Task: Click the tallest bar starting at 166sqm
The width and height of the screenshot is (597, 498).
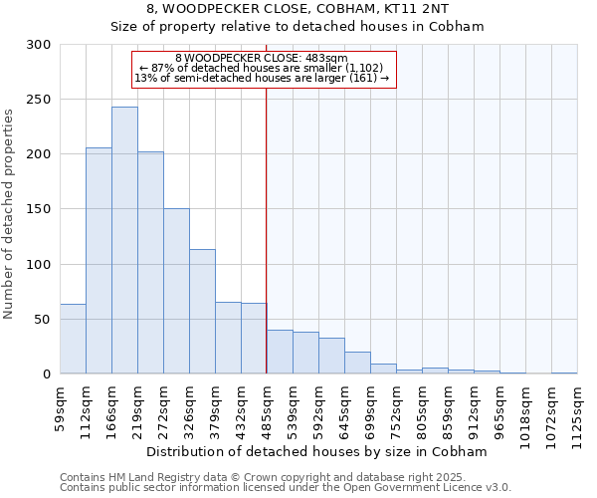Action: tap(124, 240)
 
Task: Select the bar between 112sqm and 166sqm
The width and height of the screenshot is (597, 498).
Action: tap(99, 261)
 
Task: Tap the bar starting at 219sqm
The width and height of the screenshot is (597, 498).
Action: tap(150, 263)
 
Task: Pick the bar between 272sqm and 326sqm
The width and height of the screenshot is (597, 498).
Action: tap(176, 291)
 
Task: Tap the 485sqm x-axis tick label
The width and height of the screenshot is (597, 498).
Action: tap(267, 408)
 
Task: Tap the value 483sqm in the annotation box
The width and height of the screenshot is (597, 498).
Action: tap(327, 58)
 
